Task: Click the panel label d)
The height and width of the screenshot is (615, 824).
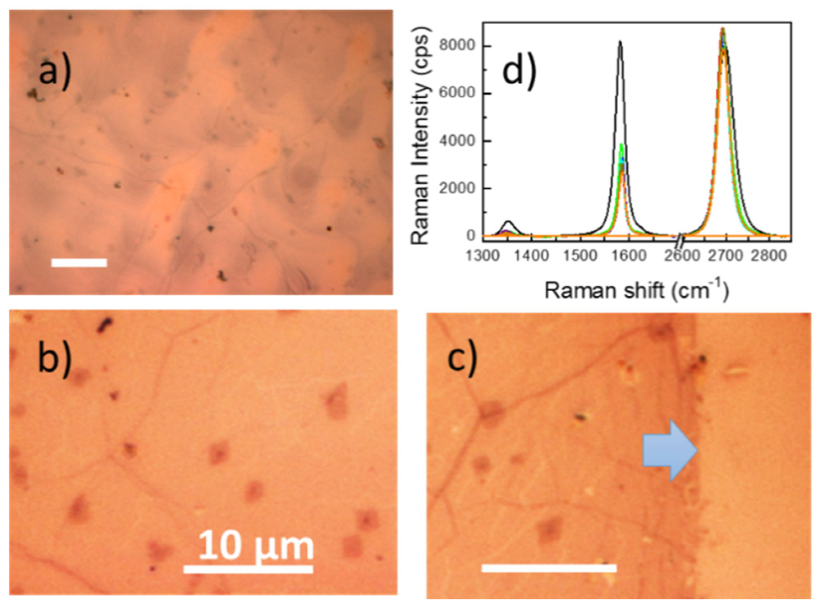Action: click(519, 72)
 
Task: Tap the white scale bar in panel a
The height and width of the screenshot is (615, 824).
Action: click(79, 263)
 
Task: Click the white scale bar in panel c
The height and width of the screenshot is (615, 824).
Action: click(549, 568)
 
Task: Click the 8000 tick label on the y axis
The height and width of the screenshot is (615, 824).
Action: click(457, 45)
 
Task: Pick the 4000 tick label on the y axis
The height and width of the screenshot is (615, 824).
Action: click(457, 141)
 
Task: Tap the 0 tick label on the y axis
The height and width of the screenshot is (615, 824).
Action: click(471, 236)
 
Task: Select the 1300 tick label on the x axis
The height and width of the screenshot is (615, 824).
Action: click(483, 256)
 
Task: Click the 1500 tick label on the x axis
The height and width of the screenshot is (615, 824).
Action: click(580, 256)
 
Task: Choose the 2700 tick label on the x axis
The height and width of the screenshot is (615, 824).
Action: click(725, 256)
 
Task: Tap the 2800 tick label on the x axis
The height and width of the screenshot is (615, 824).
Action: click(769, 256)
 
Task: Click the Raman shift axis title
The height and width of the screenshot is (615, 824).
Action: click(636, 290)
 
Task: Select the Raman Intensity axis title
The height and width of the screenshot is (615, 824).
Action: click(420, 136)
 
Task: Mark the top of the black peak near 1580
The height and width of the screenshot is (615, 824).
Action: click(620, 41)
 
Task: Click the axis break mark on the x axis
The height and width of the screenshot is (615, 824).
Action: click(680, 237)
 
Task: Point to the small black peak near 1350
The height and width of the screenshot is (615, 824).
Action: click(509, 222)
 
